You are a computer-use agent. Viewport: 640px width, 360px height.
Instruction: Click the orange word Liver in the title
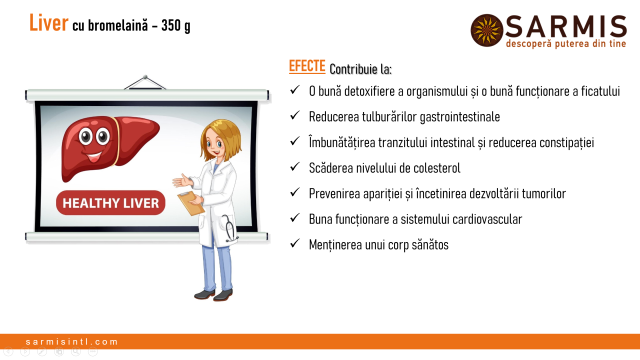[x=49, y=23]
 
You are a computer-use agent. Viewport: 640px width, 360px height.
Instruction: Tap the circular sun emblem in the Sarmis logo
[x=487, y=30]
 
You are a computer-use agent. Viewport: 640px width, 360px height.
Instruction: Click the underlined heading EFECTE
[x=307, y=66]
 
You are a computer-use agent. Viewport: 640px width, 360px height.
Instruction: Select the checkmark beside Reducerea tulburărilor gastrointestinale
[x=294, y=115]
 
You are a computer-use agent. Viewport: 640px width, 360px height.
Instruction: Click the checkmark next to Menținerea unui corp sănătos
[x=294, y=243]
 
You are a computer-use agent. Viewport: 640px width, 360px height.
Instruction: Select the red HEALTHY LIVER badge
[x=110, y=203]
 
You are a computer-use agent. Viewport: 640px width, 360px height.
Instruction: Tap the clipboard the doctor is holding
[x=191, y=203]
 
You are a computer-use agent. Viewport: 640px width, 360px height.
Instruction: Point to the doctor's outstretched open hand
[x=183, y=180]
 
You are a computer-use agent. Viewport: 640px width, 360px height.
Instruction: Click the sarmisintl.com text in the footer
[x=71, y=341]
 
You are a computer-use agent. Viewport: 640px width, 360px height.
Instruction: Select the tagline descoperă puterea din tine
[x=566, y=43]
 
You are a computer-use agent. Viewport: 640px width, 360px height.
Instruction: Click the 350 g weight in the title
[x=175, y=25]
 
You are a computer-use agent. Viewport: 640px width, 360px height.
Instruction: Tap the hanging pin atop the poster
[x=145, y=77]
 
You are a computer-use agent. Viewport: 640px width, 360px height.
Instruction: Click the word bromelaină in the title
[x=118, y=25]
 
